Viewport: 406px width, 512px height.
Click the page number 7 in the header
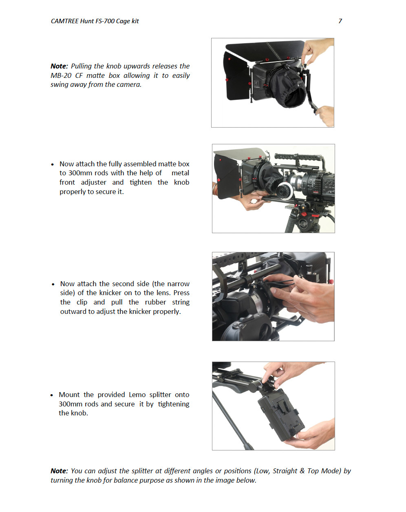[340, 21]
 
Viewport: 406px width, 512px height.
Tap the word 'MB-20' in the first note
[61, 75]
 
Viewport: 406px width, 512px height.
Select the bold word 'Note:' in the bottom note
[59, 471]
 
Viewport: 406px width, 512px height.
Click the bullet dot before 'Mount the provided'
[52, 395]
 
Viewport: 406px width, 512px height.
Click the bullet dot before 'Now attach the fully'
[52, 165]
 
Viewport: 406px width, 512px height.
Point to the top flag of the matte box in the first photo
[265, 51]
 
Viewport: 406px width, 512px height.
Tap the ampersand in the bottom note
[302, 471]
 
